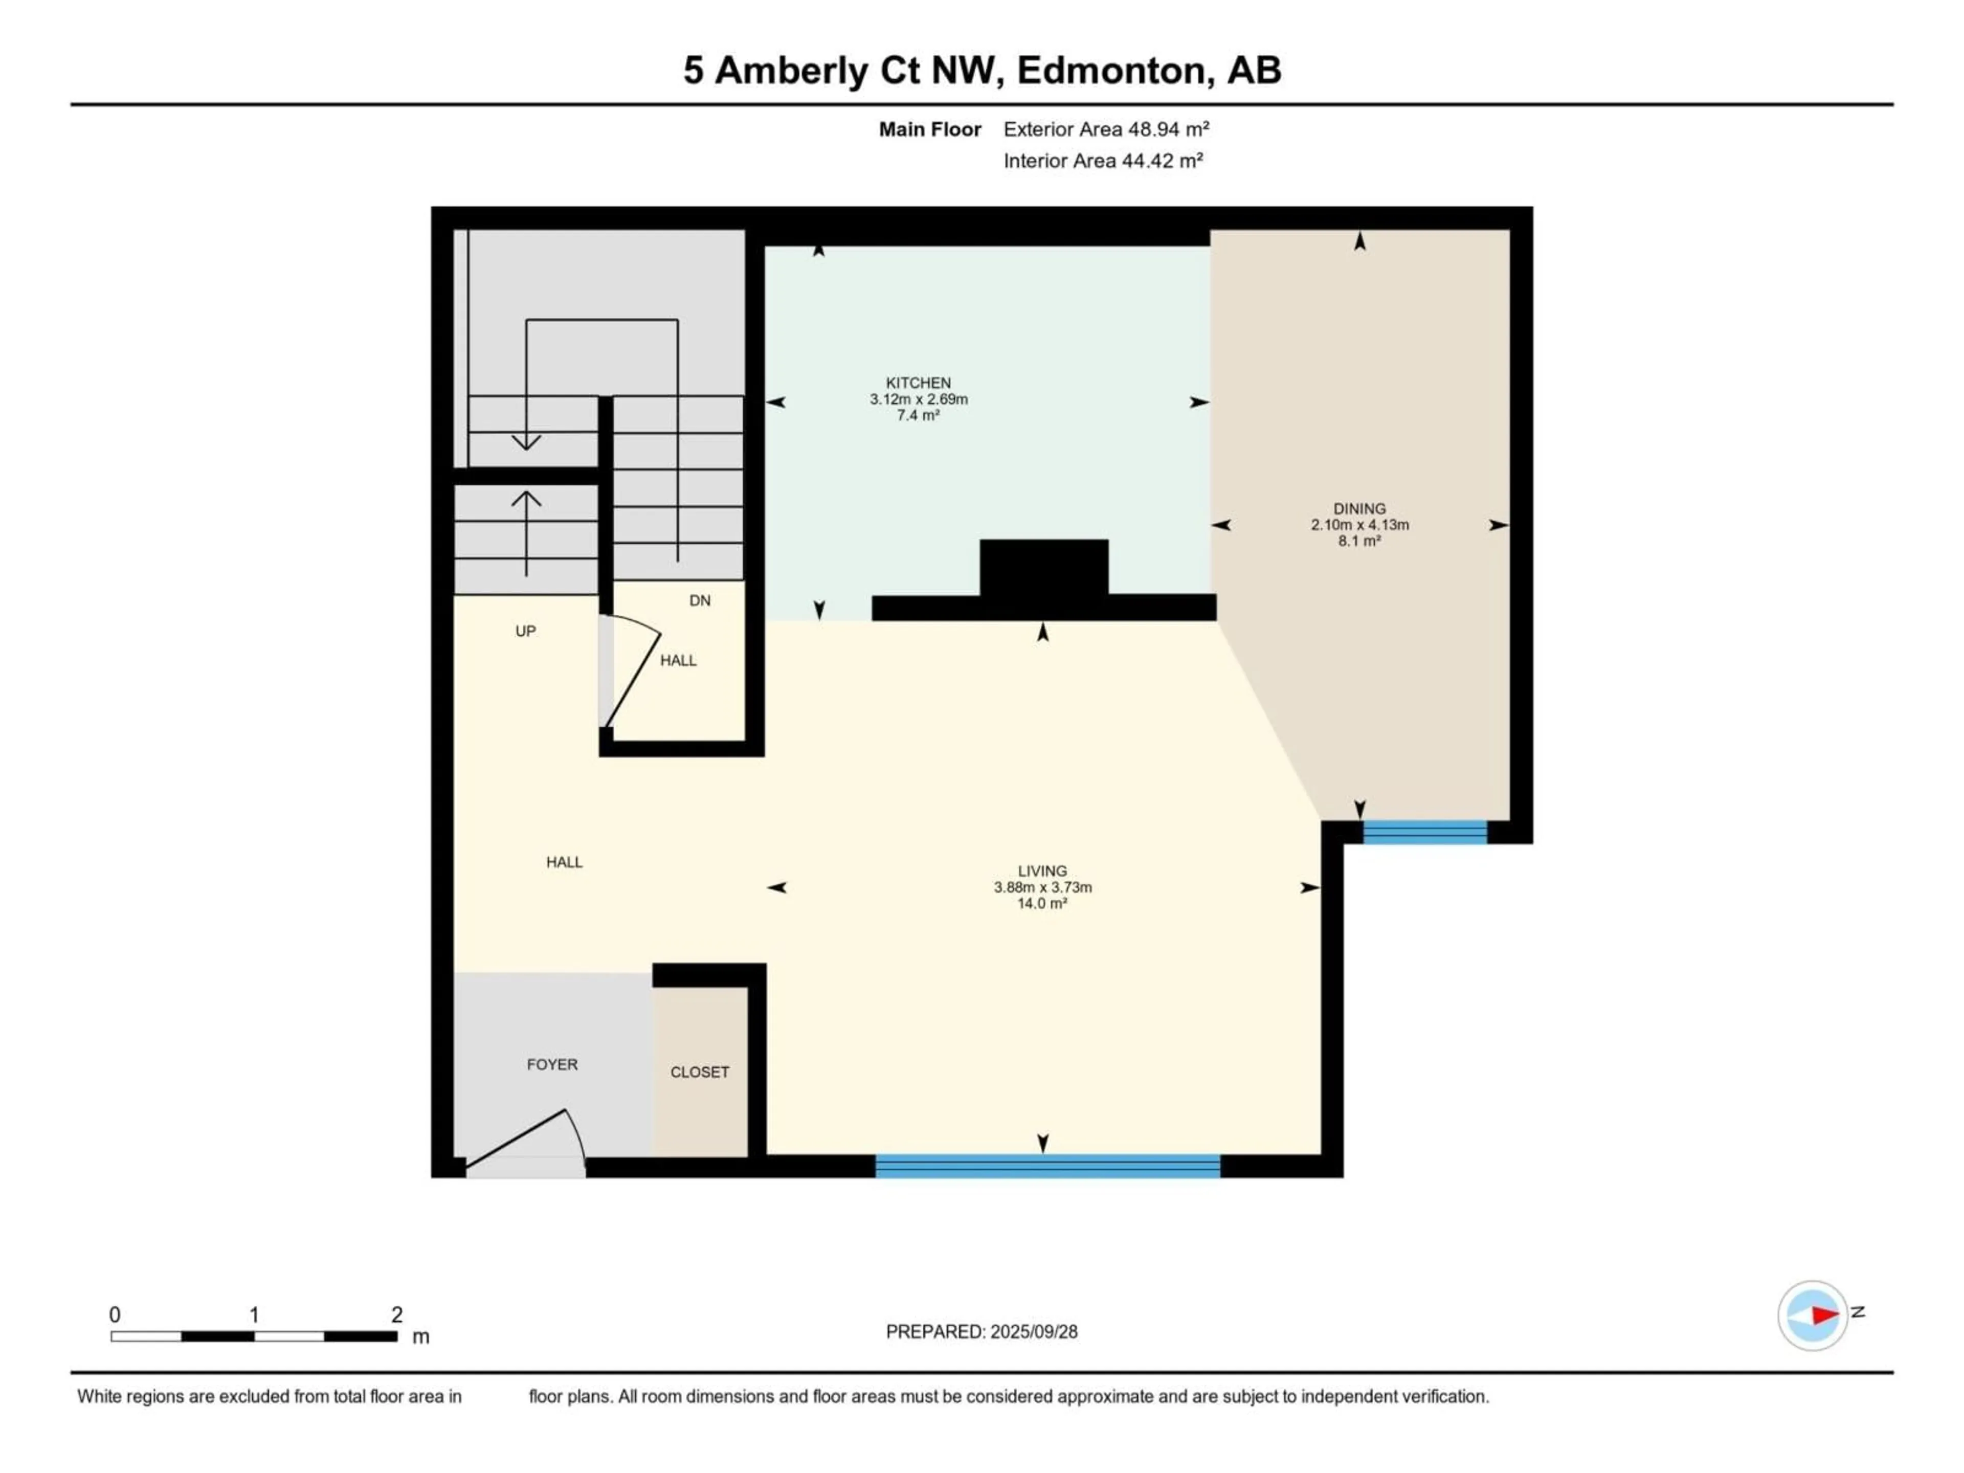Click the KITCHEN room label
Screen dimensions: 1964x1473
(918, 383)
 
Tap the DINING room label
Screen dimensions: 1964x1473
(1359, 509)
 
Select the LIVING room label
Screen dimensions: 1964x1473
(1042, 871)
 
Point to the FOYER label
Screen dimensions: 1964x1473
(552, 1064)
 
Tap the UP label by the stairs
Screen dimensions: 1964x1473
(526, 631)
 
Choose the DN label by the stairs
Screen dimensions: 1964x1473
(700, 600)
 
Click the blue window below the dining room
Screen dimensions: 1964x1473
(1425, 832)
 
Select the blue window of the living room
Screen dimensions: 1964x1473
(1047, 1166)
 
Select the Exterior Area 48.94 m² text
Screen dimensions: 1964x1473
(1106, 129)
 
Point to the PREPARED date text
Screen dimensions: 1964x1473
(982, 1332)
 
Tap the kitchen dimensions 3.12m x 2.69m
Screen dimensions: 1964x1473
(918, 399)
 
